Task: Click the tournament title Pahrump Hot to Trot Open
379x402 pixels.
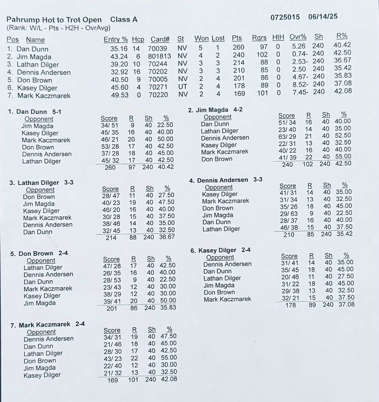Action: (54, 19)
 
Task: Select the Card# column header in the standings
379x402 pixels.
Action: (160, 40)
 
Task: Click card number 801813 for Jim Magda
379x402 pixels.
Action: (160, 56)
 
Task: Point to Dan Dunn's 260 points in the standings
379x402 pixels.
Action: (239, 47)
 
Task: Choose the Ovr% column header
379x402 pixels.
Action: (298, 37)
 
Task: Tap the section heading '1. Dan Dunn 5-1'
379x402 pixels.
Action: (35, 112)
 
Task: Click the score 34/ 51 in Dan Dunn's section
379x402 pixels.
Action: (110, 125)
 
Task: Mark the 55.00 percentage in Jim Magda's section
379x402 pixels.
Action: (343, 156)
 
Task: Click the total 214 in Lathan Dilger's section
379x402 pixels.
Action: (111, 238)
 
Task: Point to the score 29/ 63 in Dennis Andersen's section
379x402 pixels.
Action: (289, 213)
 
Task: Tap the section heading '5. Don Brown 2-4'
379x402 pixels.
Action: (39, 254)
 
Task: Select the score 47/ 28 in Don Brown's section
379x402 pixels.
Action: (112, 266)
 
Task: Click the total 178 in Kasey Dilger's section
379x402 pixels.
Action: (291, 305)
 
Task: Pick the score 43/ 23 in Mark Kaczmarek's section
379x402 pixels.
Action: (112, 358)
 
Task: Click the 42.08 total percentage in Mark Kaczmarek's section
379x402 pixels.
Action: (168, 379)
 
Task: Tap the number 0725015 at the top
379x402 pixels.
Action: (285, 17)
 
